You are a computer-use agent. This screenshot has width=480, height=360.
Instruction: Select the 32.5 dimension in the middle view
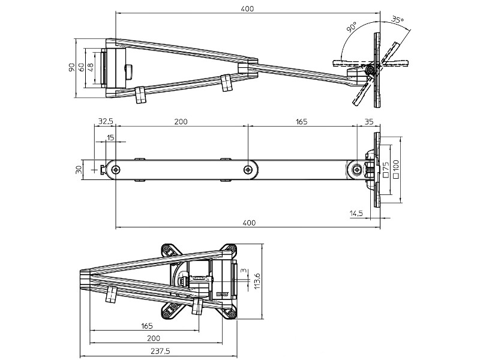(x=105, y=122)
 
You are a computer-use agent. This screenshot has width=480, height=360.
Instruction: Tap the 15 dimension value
(x=110, y=138)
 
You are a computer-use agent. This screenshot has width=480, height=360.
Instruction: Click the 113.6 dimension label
(x=257, y=280)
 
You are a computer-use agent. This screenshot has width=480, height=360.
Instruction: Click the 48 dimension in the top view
(x=91, y=68)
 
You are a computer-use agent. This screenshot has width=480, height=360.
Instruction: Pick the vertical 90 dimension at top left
(x=71, y=68)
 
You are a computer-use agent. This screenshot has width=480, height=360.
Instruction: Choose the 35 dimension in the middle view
(x=368, y=122)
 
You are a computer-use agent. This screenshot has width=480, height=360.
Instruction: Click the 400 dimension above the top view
(x=247, y=8)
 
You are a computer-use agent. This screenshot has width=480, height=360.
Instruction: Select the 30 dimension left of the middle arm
(x=79, y=170)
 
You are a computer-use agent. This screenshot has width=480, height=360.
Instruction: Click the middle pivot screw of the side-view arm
(x=248, y=170)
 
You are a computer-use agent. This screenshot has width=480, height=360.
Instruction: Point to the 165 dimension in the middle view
(x=301, y=122)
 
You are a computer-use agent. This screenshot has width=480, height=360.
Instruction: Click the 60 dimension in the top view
(x=81, y=68)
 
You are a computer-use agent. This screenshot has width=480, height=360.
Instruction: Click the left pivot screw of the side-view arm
(x=114, y=170)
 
